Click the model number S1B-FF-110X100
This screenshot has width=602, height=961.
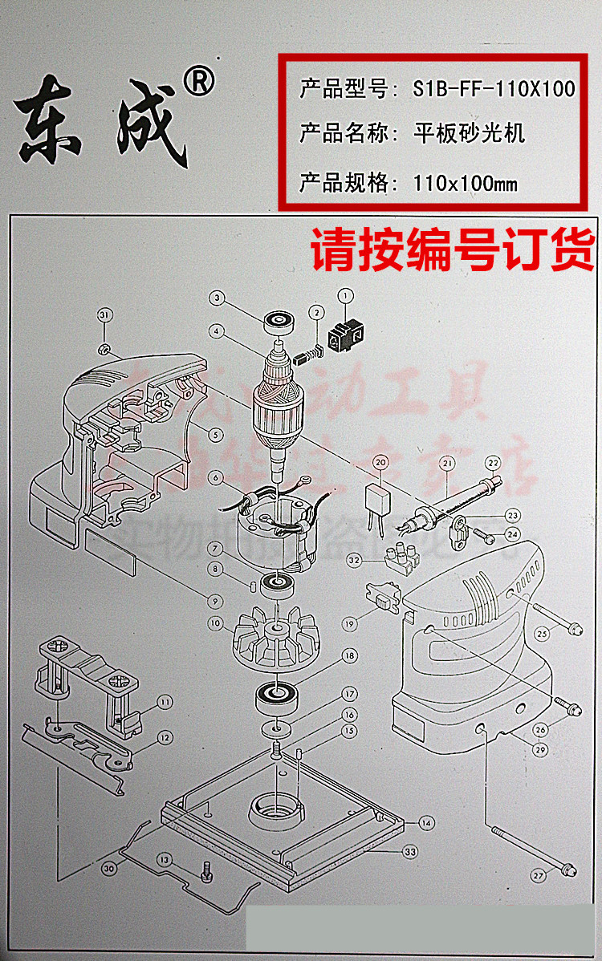coord(494,88)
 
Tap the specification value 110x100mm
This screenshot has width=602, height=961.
coord(466,184)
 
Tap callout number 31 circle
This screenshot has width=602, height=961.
coord(104,314)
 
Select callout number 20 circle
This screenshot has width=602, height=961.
coord(380,463)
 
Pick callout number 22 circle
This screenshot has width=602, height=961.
coord(492,463)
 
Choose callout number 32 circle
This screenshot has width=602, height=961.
coord(354,559)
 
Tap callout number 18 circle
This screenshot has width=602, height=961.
coord(348,655)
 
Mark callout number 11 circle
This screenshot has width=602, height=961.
coord(164,702)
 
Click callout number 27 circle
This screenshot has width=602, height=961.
coord(538,876)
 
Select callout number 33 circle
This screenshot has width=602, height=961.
coord(410,852)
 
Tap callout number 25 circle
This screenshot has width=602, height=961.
coord(542,633)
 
